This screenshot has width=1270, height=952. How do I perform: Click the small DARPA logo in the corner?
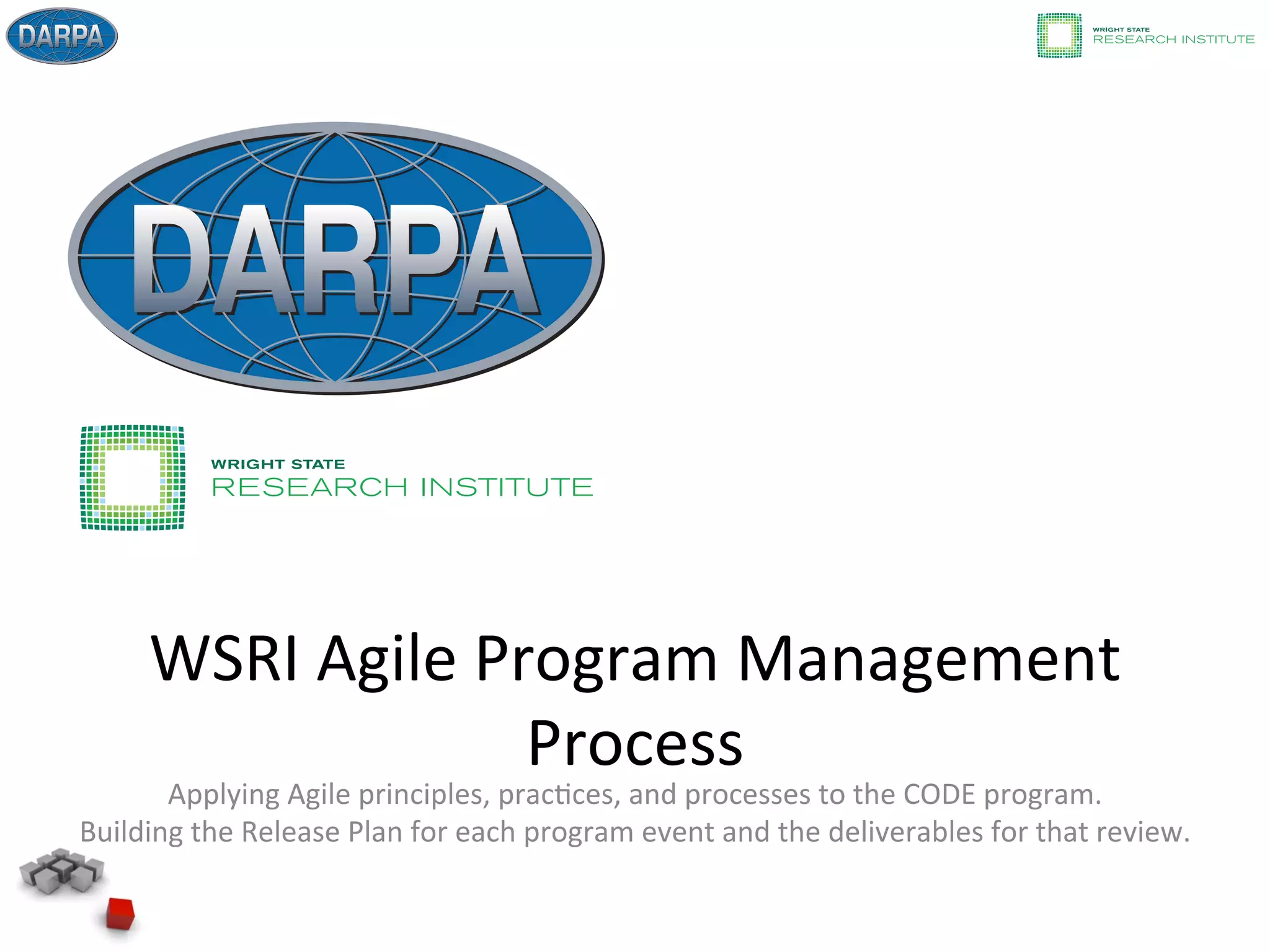[61, 36]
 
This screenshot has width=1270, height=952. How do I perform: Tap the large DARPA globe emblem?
[336, 258]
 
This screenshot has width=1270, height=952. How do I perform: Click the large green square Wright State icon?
[132, 477]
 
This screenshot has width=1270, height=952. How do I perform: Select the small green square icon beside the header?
[1059, 35]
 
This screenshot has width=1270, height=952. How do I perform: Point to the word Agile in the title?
[387, 659]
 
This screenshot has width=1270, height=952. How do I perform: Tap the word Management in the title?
[928, 659]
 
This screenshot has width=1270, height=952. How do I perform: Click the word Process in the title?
[635, 743]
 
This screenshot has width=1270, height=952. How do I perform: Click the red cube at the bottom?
[120, 914]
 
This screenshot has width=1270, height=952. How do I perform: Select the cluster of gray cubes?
[61, 871]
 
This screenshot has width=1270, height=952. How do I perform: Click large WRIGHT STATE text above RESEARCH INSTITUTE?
[278, 464]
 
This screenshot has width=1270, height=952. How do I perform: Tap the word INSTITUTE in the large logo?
[507, 487]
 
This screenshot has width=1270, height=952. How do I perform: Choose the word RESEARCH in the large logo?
[309, 487]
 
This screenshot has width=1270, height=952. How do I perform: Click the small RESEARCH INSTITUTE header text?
[1173, 40]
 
